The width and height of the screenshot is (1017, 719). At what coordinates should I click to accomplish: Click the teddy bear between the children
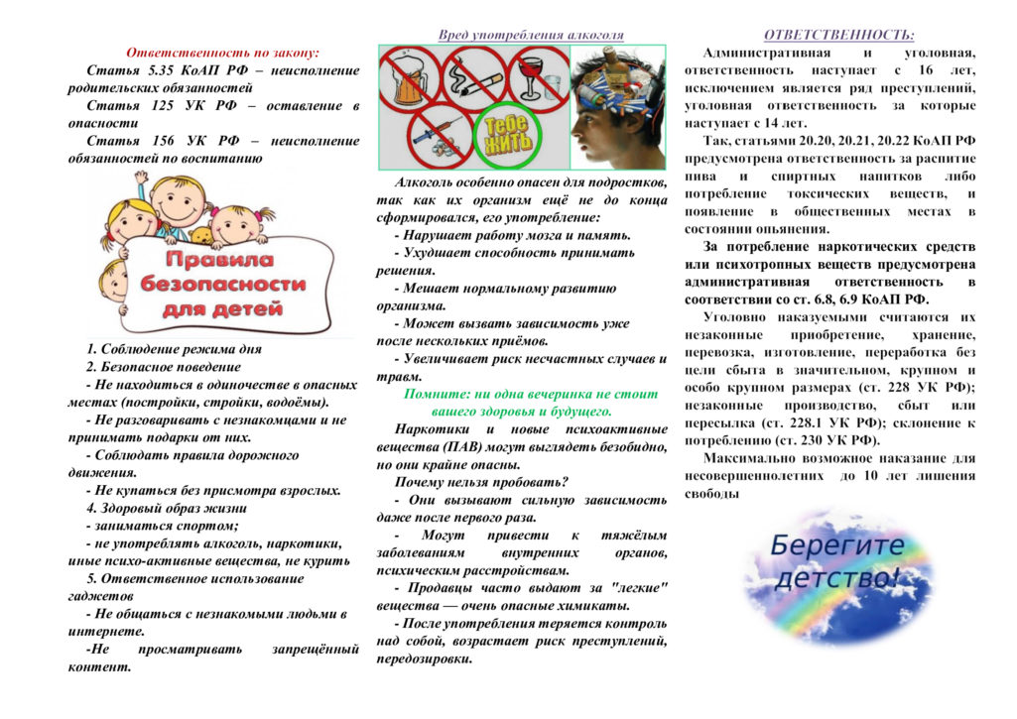click(202, 235)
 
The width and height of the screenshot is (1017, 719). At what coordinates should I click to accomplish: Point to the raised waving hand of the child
click(142, 180)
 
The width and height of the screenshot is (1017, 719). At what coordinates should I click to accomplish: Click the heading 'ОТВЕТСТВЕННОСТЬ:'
click(839, 35)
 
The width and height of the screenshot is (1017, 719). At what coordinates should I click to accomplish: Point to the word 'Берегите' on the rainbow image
click(836, 545)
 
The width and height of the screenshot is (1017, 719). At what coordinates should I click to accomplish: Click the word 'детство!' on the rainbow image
click(838, 576)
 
